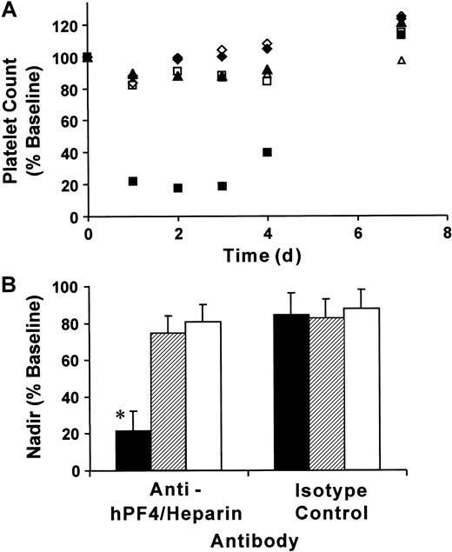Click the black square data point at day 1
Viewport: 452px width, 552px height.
click(x=133, y=182)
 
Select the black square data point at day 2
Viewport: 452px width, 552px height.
click(x=178, y=188)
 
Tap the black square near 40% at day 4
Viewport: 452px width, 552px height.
click(x=268, y=153)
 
